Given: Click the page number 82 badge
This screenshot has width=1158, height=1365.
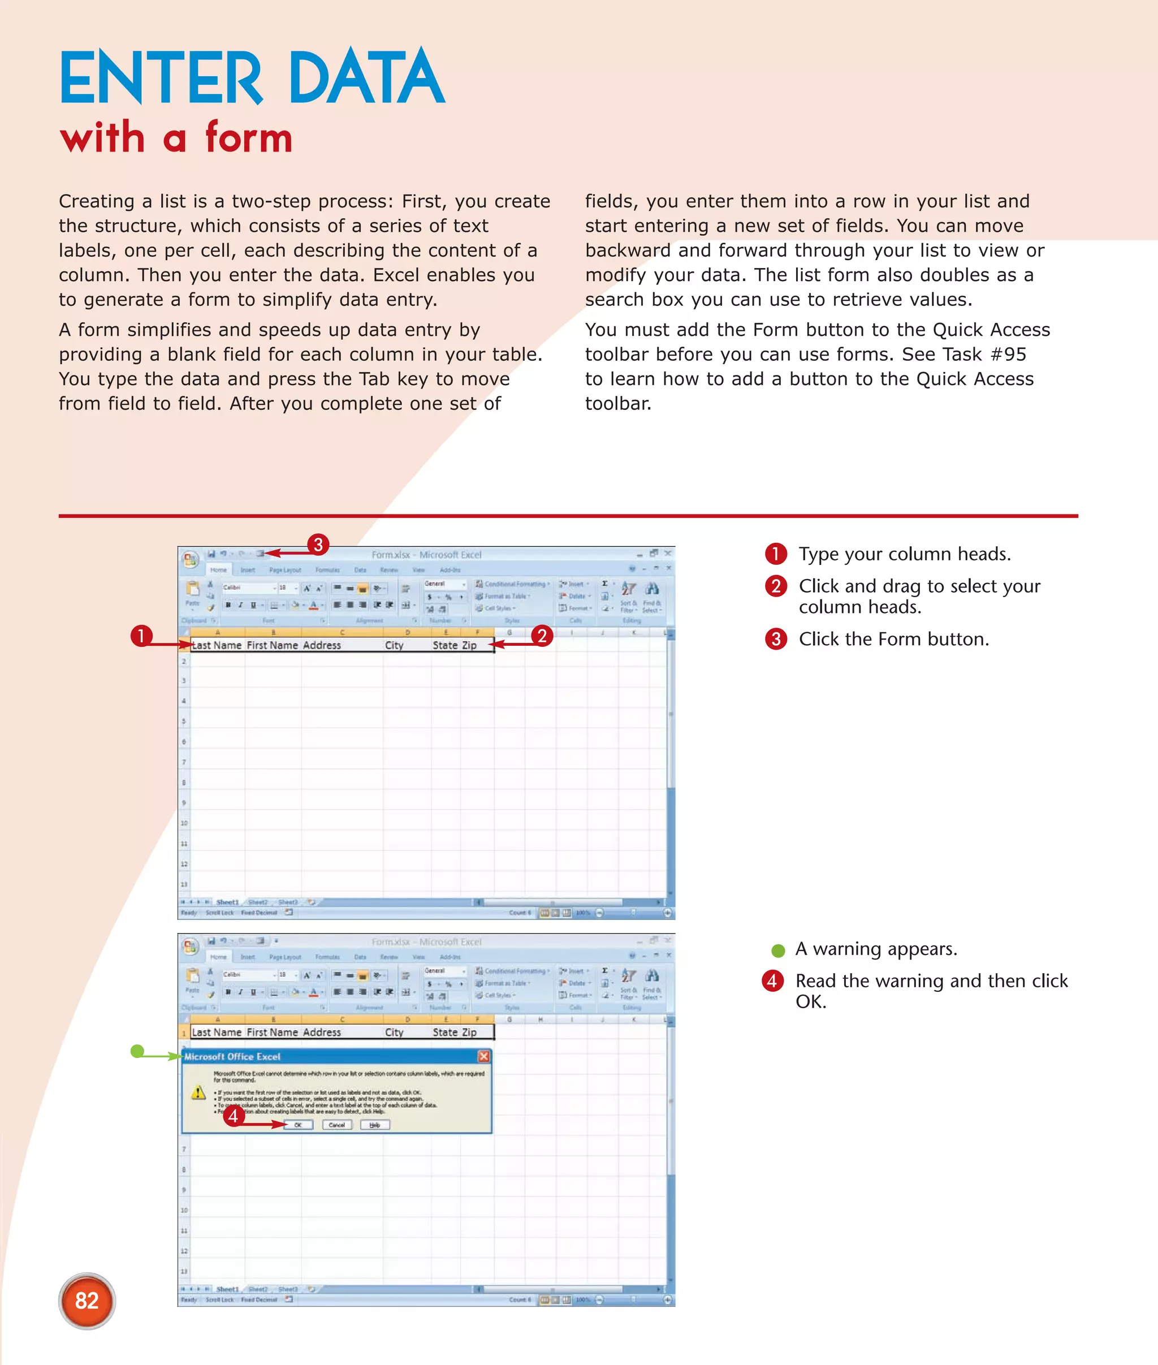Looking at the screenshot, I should coord(87,1300).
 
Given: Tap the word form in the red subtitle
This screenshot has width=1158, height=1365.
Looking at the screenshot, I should coord(248,137).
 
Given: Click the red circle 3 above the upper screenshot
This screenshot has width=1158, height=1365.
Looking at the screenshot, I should coord(318,545).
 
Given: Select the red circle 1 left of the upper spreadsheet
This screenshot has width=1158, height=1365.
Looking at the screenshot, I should coord(141,636).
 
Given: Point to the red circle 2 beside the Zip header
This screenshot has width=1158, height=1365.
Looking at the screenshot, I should coord(542,636).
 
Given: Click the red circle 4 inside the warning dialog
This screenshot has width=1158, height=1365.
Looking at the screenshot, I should coord(234,1115).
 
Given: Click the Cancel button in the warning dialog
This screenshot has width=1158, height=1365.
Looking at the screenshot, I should coord(337,1125).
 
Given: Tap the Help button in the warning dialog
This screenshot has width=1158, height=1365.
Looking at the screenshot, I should coord(375,1125).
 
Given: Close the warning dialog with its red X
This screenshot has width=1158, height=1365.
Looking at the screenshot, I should coord(484,1056).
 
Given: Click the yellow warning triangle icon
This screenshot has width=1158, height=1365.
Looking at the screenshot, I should coord(198,1092).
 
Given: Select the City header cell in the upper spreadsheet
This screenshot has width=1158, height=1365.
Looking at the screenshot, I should coord(395,645).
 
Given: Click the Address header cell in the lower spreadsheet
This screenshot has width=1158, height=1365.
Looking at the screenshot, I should coord(322,1032).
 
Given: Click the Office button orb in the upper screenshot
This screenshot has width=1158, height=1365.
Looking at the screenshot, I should coord(191,559).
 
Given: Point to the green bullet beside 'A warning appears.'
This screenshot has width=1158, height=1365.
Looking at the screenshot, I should coord(779,950).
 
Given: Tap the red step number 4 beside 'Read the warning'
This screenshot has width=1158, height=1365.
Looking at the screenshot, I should coord(772,981).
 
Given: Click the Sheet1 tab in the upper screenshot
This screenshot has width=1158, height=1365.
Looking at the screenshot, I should coord(228,902).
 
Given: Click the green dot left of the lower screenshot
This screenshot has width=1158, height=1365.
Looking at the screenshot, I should coord(137,1051).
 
